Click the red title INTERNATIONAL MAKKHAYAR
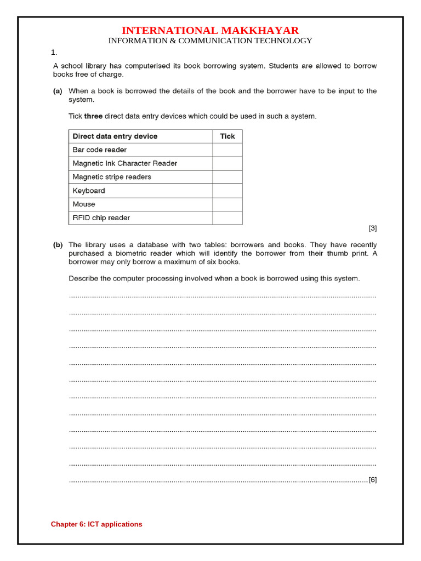[x=210, y=30]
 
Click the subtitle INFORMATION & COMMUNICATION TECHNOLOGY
[x=210, y=41]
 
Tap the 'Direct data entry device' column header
[x=115, y=136]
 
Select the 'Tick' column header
[x=227, y=136]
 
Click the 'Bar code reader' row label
[x=99, y=150]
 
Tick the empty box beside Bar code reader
[x=227, y=150]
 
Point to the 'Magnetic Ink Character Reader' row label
[x=124, y=163]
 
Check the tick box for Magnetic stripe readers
[x=227, y=177]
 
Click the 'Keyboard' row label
[x=88, y=191]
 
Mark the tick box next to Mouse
[x=227, y=204]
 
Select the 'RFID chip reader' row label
[x=101, y=217]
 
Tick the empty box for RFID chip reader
[x=227, y=217]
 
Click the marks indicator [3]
[x=372, y=228]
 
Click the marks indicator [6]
[x=372, y=480]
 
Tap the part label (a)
[x=58, y=91]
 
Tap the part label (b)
[x=58, y=245]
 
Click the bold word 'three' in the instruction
[x=93, y=116]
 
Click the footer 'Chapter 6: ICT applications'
[x=96, y=524]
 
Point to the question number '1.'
[x=54, y=53]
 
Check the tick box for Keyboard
[x=227, y=191]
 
